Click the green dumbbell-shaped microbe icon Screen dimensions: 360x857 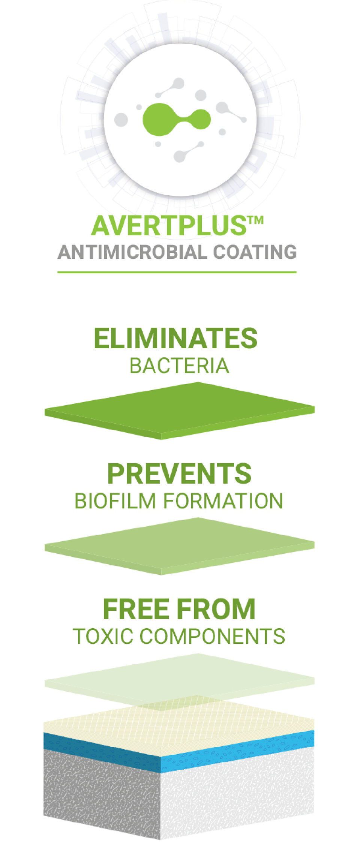click(176, 119)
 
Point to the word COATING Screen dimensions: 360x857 click(255, 252)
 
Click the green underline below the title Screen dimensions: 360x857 click(177, 272)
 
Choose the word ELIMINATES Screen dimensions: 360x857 click(175, 338)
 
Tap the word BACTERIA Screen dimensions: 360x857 click(179, 366)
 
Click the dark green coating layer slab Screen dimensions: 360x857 click(180, 411)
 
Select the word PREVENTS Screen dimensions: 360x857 click(179, 473)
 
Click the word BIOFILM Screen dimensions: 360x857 click(115, 501)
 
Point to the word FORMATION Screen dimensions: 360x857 click(223, 501)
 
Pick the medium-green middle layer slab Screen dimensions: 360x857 click(180, 546)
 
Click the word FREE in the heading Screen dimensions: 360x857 click(136, 609)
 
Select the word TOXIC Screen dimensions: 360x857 click(103, 637)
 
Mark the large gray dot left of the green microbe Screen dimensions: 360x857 click(121, 120)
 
